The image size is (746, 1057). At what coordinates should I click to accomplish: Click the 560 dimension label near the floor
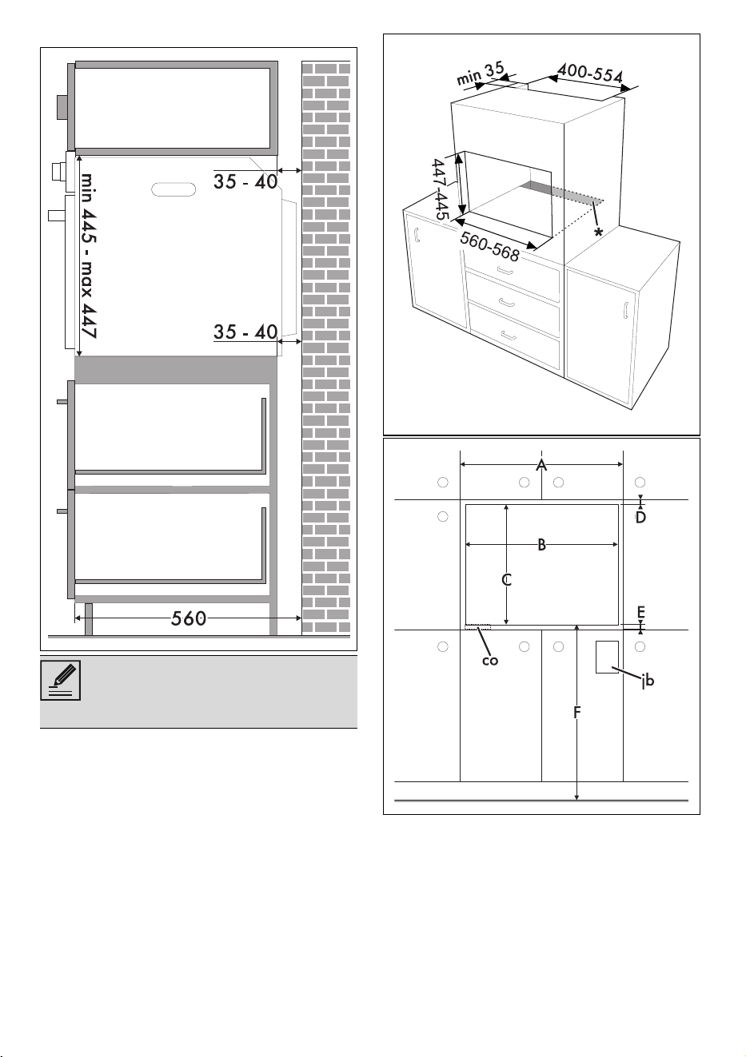click(x=189, y=618)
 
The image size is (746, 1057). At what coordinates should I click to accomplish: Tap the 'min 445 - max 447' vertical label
click(x=88, y=256)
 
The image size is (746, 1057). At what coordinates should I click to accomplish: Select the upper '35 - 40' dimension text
click(x=245, y=181)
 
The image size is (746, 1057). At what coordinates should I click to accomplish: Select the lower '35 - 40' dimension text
click(x=245, y=332)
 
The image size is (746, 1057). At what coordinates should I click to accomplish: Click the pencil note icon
click(x=61, y=680)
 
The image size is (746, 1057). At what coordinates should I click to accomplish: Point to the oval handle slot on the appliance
click(x=174, y=189)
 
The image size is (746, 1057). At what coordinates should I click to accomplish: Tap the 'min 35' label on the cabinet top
click(x=481, y=74)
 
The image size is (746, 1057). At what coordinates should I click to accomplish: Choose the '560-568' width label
click(x=489, y=247)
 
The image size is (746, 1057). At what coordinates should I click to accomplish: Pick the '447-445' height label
click(x=440, y=189)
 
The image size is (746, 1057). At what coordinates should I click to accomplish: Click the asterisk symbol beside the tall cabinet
click(x=599, y=232)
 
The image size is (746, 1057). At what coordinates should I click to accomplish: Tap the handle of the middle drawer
click(x=505, y=301)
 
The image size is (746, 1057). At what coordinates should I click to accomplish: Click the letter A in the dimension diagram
click(x=541, y=465)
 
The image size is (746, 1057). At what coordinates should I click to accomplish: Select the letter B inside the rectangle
click(x=542, y=545)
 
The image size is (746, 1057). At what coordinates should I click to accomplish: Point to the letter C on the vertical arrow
click(x=507, y=579)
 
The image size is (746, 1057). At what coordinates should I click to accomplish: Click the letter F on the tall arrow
click(x=576, y=713)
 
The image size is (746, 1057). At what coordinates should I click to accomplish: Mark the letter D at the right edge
click(x=640, y=518)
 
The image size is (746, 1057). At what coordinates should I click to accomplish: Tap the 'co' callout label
click(x=490, y=660)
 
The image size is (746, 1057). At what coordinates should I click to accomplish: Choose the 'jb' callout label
click(x=648, y=681)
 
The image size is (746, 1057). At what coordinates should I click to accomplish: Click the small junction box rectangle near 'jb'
click(x=607, y=657)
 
